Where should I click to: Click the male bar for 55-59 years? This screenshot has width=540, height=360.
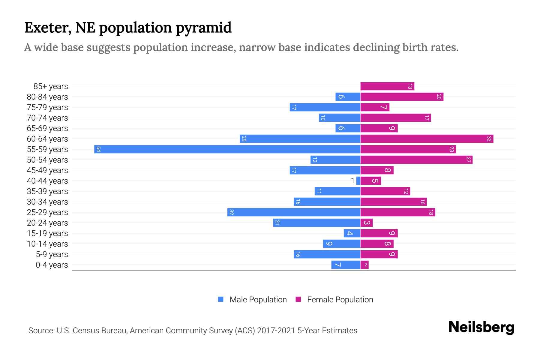(x=227, y=149)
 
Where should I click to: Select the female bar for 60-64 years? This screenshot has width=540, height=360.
(x=427, y=139)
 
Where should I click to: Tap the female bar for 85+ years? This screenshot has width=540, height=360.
(x=387, y=86)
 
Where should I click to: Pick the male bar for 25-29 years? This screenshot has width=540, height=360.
(x=294, y=212)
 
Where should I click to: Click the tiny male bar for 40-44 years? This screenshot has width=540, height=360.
(x=358, y=181)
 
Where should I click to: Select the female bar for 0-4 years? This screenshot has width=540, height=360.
(x=364, y=265)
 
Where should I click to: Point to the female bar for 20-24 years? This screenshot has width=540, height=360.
(x=366, y=223)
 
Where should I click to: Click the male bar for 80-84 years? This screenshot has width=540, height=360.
(x=348, y=97)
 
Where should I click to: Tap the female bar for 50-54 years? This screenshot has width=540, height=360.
(x=416, y=160)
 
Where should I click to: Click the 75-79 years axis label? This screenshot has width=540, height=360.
(x=47, y=107)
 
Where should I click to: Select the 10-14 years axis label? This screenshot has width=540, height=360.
(x=47, y=244)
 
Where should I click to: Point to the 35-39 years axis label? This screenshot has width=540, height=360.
(x=47, y=191)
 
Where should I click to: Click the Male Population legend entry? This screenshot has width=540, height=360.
(x=252, y=299)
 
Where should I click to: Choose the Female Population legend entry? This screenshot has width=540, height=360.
(x=334, y=299)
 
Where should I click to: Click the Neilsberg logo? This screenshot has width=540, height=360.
(x=481, y=327)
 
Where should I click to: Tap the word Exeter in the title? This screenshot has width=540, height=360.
(x=48, y=28)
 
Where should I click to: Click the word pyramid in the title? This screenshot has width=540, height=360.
(x=203, y=28)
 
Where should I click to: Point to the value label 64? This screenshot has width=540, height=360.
(x=98, y=149)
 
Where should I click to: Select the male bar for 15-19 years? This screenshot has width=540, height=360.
(x=352, y=233)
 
